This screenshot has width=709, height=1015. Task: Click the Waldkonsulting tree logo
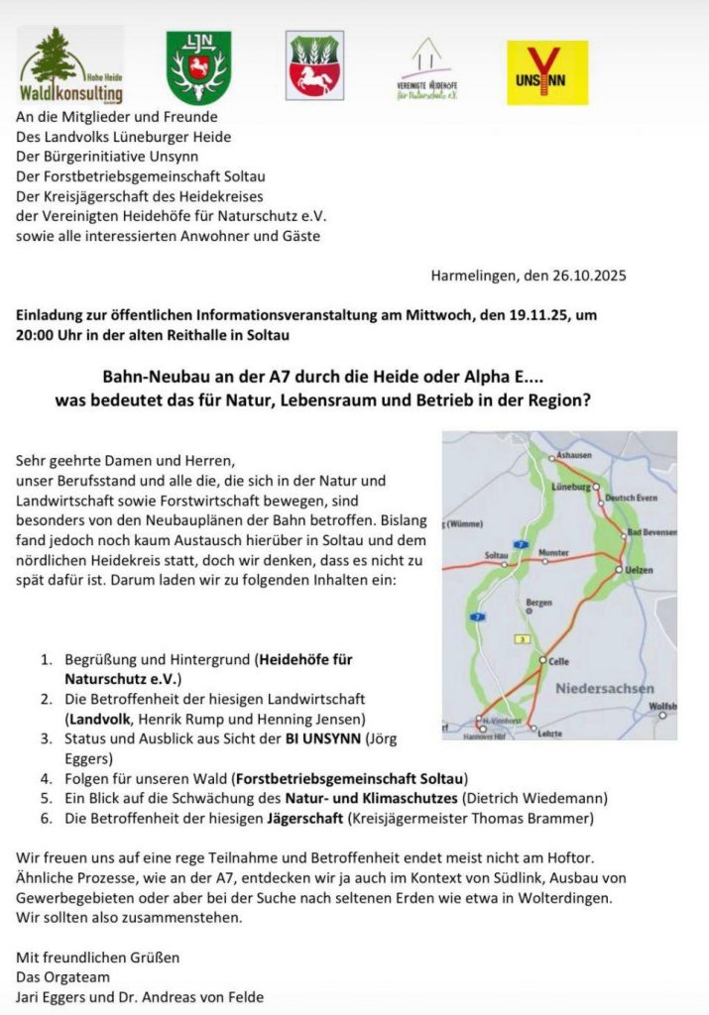69,66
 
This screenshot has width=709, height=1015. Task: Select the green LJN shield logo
198,66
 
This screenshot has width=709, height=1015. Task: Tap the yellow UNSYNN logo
546,72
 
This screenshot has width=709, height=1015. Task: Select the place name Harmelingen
471,277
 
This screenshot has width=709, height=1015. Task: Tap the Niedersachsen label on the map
604,688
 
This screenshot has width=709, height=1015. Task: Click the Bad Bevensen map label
651,532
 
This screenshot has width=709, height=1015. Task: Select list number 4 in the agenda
46,778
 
